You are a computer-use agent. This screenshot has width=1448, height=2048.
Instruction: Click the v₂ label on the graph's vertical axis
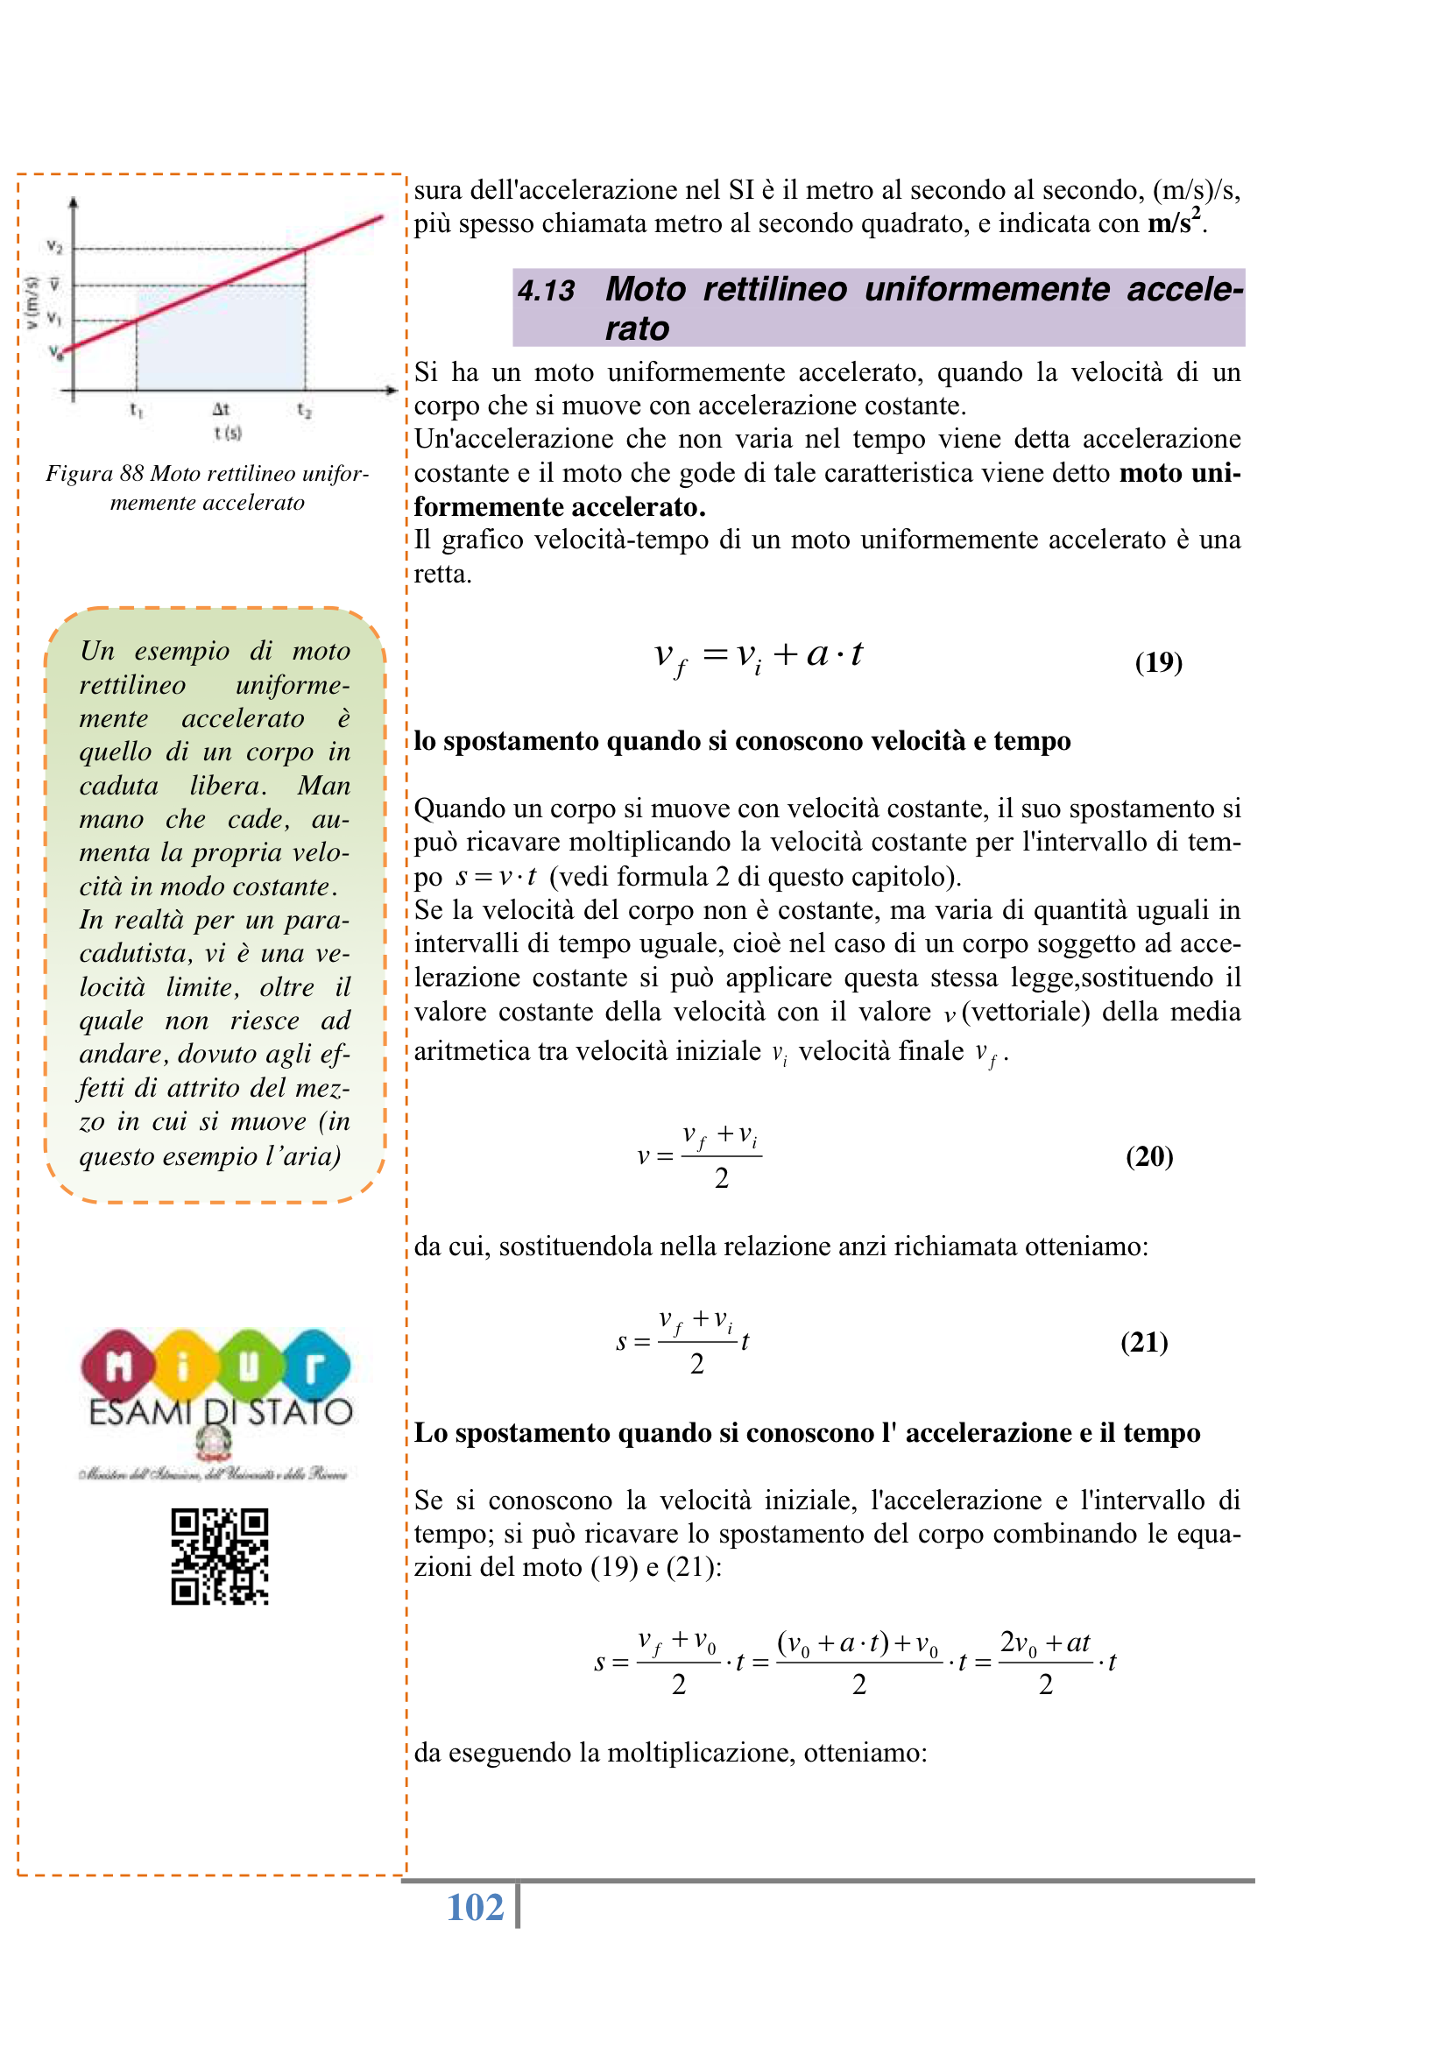tap(53, 246)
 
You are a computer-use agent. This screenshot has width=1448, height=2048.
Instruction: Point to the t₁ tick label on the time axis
tap(137, 409)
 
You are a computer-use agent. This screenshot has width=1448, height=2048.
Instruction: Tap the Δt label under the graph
tap(221, 409)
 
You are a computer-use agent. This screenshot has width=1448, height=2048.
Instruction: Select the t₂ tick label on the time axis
tap(304, 409)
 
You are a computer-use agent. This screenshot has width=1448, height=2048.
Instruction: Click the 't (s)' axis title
tap(228, 433)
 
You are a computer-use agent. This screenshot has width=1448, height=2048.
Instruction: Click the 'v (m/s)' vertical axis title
tap(32, 302)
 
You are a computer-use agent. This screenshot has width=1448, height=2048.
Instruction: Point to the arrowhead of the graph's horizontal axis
tap(392, 390)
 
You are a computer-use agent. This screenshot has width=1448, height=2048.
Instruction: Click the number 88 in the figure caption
tap(132, 473)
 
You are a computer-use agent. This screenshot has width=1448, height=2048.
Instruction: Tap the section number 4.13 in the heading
tap(546, 291)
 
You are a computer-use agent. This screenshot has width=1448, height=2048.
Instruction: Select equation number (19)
tap(1158, 662)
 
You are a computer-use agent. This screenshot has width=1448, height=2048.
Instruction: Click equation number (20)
tap(1149, 1156)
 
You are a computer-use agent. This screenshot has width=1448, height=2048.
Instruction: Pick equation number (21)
tap(1144, 1342)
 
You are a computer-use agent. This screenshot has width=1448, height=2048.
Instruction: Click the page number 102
tap(475, 1907)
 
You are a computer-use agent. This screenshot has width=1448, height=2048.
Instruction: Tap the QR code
tap(220, 1557)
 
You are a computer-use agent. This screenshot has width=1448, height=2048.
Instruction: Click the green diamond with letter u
tap(249, 1366)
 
